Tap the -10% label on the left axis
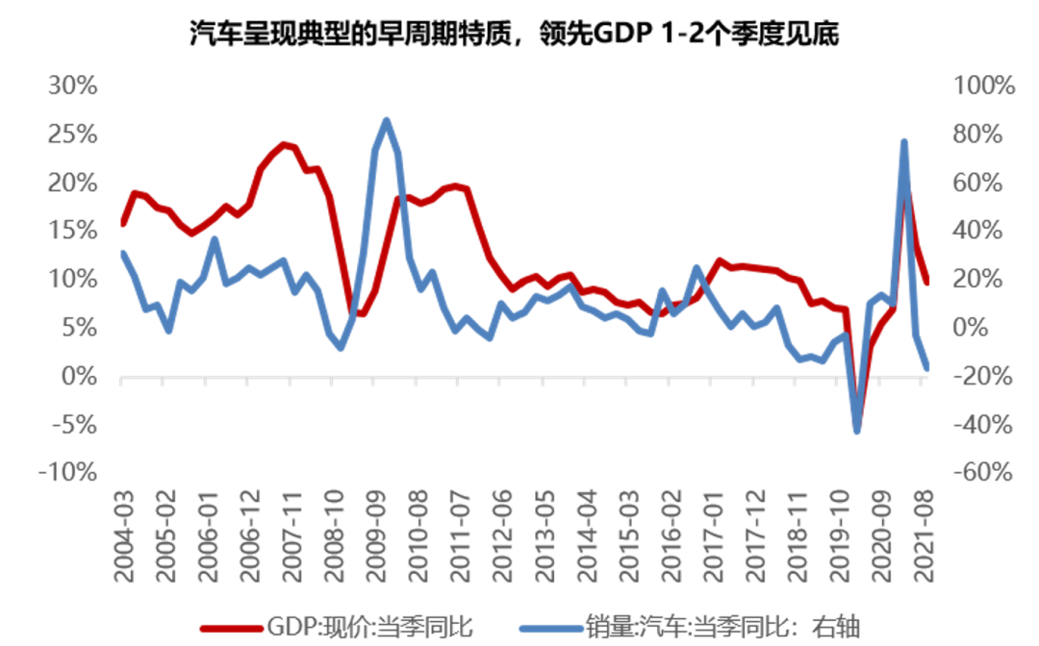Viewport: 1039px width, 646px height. pos(67,472)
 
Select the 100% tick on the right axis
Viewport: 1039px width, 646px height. pos(983,86)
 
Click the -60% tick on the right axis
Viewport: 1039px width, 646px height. pos(983,472)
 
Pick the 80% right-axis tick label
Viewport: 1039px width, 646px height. pos(983,134)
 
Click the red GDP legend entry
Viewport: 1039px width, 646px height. pos(337,626)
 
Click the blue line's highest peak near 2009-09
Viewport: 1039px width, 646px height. pos(386,120)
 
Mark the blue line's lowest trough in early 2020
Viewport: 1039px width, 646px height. pos(856,431)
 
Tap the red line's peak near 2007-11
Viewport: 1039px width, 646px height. pos(284,144)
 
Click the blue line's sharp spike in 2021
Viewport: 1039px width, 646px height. pos(904,142)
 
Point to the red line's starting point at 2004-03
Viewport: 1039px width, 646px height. pos(123,223)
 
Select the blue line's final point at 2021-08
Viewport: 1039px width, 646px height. pos(926,367)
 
